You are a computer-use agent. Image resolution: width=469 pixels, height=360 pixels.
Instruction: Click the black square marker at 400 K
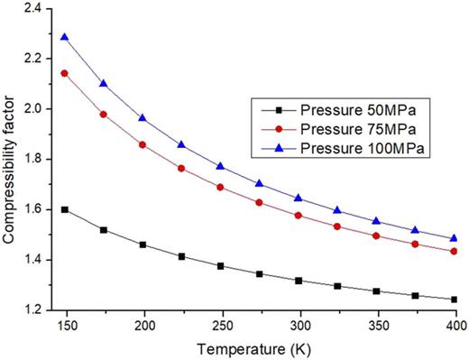[455, 299]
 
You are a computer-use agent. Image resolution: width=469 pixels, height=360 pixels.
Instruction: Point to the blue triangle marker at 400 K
[455, 238]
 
